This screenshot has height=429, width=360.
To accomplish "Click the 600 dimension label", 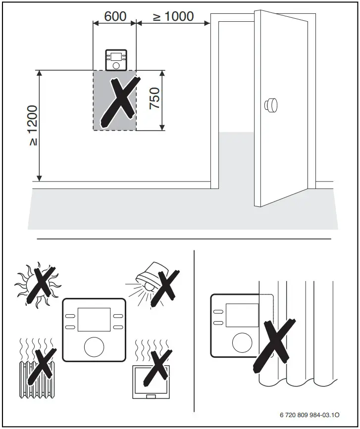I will click(115, 16).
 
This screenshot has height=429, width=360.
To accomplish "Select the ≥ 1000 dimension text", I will click(173, 16).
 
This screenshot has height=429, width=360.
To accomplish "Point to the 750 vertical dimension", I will click(154, 99).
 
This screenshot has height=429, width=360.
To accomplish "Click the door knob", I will click(270, 105).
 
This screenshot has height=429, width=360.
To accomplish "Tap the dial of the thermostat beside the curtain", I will click(241, 340).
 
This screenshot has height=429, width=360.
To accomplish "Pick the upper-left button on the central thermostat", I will click(69, 315).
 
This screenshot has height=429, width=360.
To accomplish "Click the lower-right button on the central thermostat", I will click(118, 327).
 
